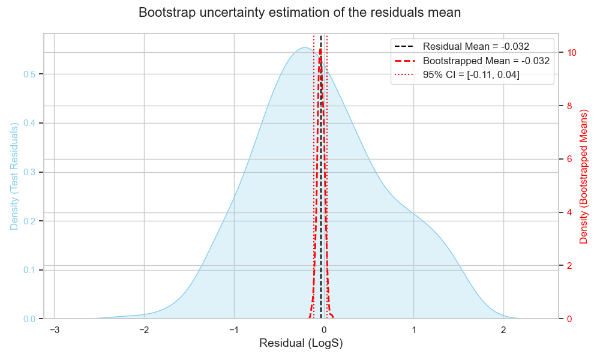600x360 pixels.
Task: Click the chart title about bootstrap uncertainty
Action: click(299, 13)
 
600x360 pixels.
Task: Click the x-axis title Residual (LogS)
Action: click(301, 344)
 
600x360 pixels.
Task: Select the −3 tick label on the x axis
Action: click(54, 330)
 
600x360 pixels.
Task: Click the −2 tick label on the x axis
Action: click(144, 330)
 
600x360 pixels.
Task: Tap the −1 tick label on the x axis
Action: click(234, 330)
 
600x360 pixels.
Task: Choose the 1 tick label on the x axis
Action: click(414, 330)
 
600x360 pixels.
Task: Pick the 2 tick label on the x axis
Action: click(503, 330)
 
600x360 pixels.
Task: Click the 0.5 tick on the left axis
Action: click(29, 74)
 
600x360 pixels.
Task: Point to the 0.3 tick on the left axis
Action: click(29, 172)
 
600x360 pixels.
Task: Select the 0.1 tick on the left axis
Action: click(29, 270)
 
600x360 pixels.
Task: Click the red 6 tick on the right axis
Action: click(569, 159)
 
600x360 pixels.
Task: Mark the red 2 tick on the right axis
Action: click(569, 265)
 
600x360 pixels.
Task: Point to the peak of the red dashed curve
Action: click(320, 50)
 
